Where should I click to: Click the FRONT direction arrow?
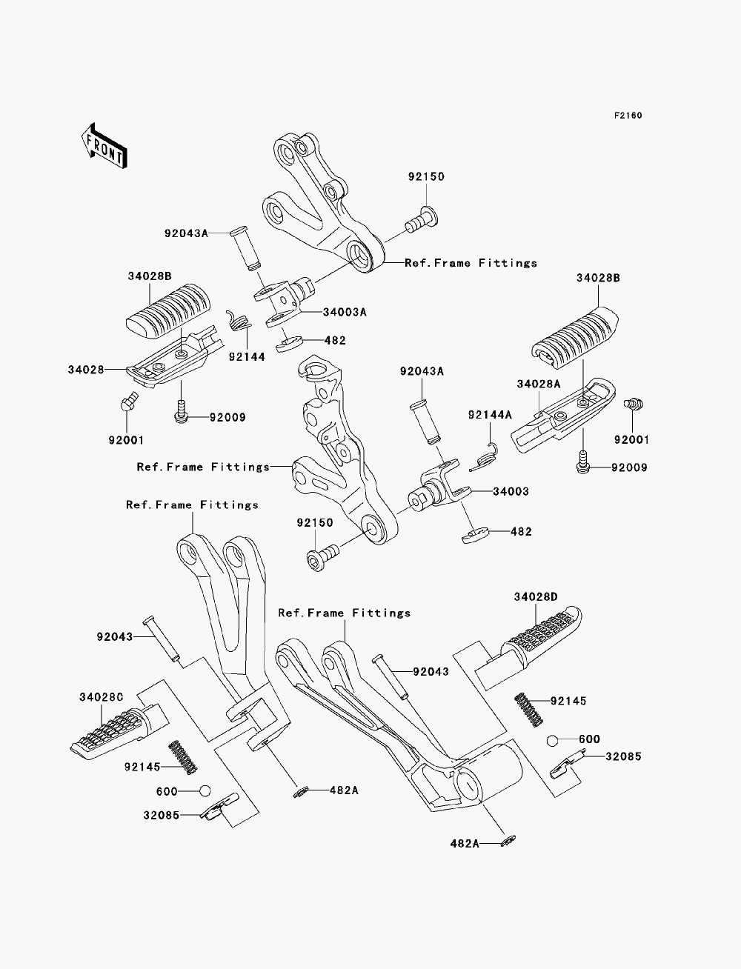coord(104,147)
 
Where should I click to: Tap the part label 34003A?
coord(345,312)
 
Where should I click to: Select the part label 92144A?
coord(490,415)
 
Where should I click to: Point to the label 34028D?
coord(536,597)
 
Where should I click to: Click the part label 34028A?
coord(539,384)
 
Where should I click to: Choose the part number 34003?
coord(511,491)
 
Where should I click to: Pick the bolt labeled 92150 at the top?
coord(422,220)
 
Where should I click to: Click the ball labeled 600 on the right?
coord(553,741)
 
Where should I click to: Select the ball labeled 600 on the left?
coord(205,790)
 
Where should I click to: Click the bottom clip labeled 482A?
coord(508,841)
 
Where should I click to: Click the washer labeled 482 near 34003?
coord(475,535)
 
